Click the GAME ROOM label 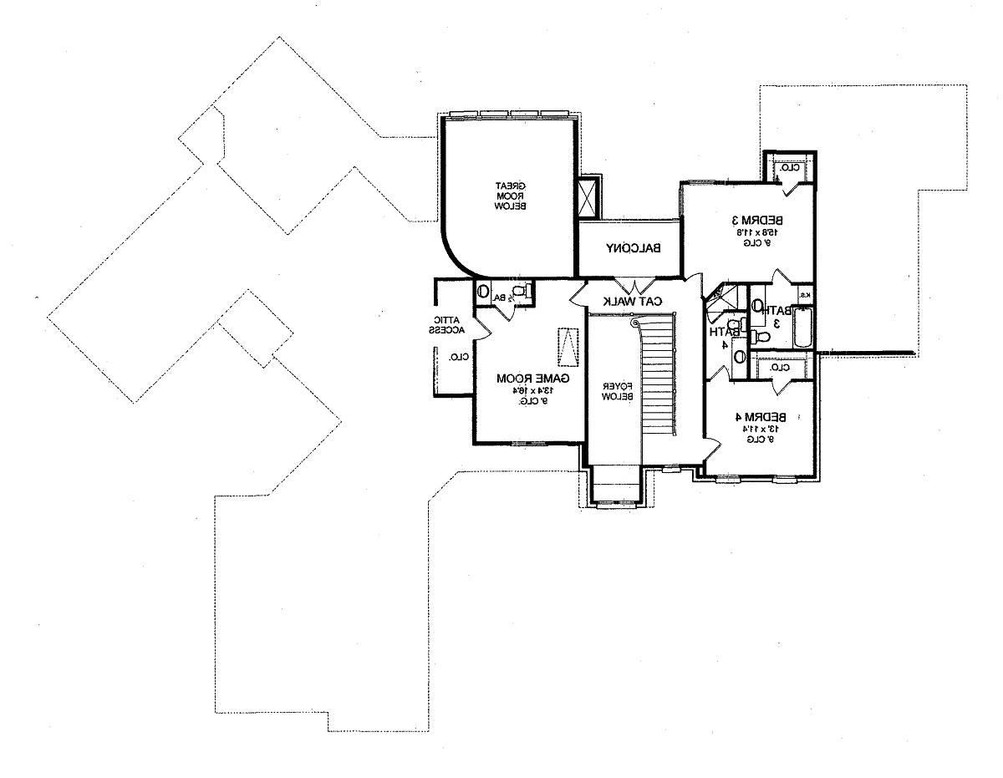[x=533, y=379]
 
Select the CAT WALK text [x=634, y=300]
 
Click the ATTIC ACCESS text [x=440, y=325]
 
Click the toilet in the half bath [x=520, y=292]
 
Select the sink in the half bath [x=483, y=292]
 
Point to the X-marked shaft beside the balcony [x=588, y=198]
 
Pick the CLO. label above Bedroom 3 [x=789, y=167]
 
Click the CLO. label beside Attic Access [x=458, y=357]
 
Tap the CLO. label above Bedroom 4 [x=778, y=367]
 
